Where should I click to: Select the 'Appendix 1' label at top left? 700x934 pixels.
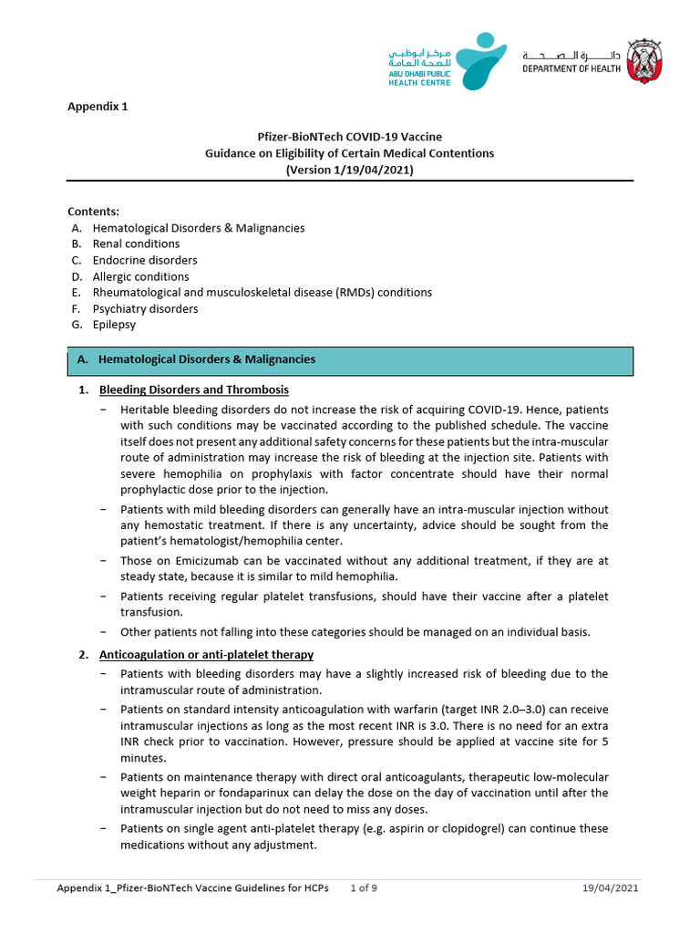(x=98, y=106)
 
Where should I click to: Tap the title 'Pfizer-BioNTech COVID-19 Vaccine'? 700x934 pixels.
(x=349, y=137)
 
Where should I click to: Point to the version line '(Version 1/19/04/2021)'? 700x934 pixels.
(x=349, y=170)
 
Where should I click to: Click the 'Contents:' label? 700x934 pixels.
(x=94, y=212)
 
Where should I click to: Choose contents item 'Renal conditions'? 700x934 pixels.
(x=136, y=244)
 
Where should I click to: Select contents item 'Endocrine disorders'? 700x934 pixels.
(x=145, y=261)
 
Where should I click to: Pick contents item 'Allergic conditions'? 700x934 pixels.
(x=140, y=276)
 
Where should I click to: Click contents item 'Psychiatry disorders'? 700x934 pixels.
(x=145, y=309)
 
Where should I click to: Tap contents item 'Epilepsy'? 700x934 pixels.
(x=114, y=325)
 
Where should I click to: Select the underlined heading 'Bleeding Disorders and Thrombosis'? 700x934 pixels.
(x=193, y=390)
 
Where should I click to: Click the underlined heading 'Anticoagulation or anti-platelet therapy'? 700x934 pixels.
(x=206, y=655)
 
